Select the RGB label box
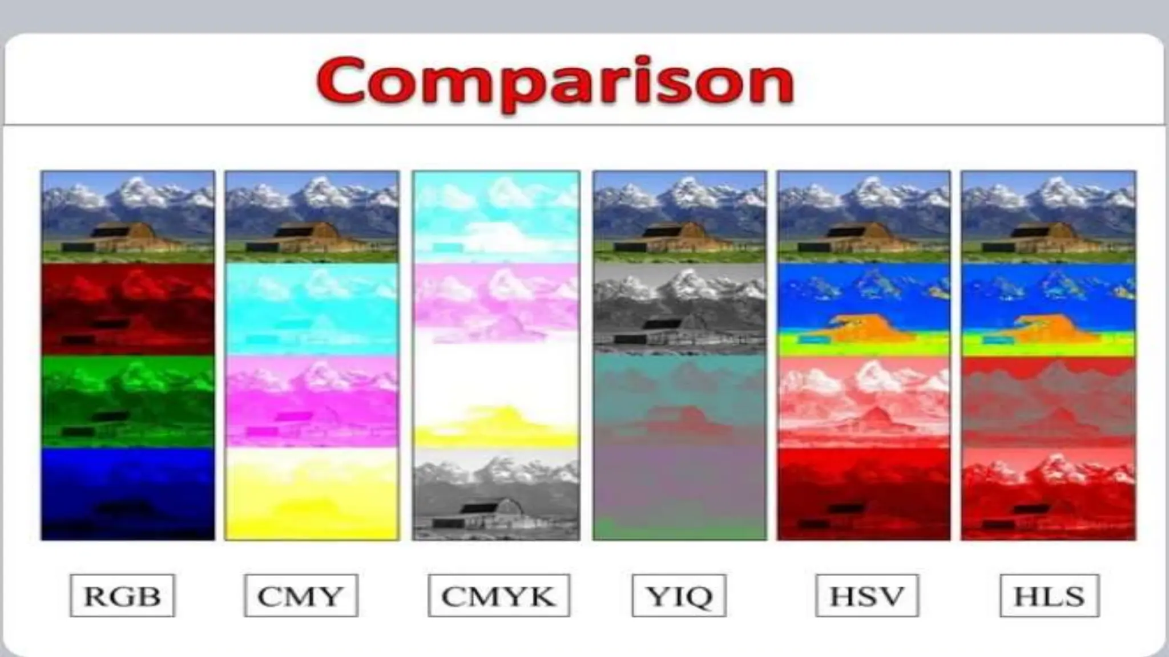pyautogui.click(x=122, y=595)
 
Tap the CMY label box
pyautogui.click(x=301, y=595)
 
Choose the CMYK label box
pyautogui.click(x=498, y=595)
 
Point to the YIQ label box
pyautogui.click(x=679, y=595)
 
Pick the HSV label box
pyautogui.click(x=866, y=595)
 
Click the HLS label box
pyautogui.click(x=1049, y=595)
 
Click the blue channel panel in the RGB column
pyautogui.click(x=128, y=493)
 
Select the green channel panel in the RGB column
pyautogui.click(x=128, y=401)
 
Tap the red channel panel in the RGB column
pyautogui.click(x=128, y=309)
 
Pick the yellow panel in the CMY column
pyautogui.click(x=312, y=493)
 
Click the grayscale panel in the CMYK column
pyautogui.click(x=496, y=493)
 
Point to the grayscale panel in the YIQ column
pyautogui.click(x=679, y=309)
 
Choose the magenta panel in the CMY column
pyautogui.click(x=312, y=401)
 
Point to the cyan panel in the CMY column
pyautogui.click(x=312, y=309)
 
